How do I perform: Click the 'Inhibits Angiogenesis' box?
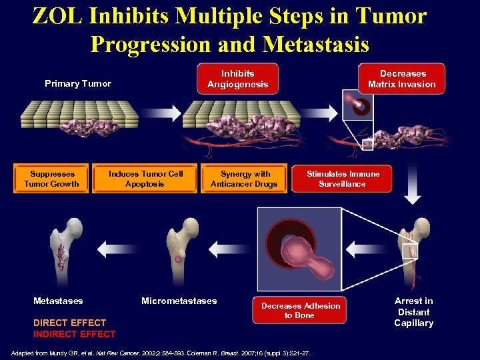pos(237,79)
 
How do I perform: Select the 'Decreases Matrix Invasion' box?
pos(401,79)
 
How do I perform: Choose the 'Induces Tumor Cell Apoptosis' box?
pos(145,179)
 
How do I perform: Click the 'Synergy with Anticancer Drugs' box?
pos(244,179)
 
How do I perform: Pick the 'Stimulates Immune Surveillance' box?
pos(342,179)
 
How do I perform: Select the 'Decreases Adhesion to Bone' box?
pos(300,310)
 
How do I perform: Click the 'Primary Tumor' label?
pos(77,83)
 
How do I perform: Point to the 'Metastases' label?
pos(58,301)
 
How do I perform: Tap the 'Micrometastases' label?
pos(179,301)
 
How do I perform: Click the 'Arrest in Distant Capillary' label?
pos(413,312)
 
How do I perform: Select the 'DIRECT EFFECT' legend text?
pos(69,323)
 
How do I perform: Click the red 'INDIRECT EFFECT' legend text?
pos(74,334)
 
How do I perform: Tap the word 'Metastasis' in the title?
pos(316,44)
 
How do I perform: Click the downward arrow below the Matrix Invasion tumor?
pos(413,186)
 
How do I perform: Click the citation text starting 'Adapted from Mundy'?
pos(163,352)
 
